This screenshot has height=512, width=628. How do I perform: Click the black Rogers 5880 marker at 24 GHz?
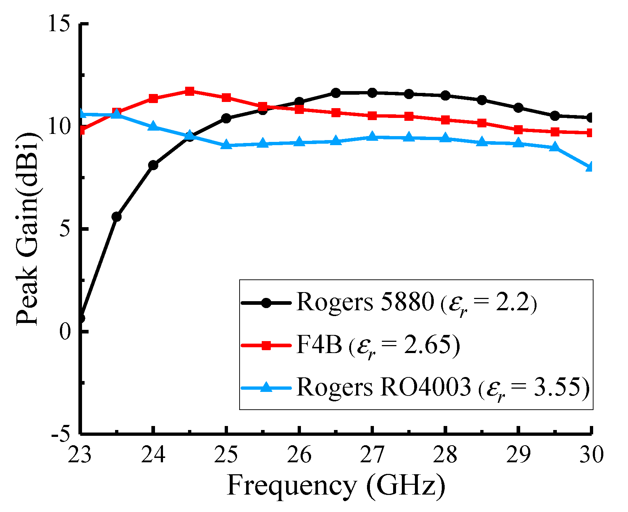153,165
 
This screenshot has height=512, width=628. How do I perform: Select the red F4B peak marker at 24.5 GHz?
189,91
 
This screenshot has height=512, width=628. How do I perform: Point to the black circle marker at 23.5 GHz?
117,217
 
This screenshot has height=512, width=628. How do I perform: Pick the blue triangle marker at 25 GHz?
226,145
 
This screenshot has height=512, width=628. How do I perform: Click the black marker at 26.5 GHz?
336,93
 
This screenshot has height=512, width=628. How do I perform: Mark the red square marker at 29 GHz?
518,130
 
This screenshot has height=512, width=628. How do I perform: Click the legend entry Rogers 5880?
365,302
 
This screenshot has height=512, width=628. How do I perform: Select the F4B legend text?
319,345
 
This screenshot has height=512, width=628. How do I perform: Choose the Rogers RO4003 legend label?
383,387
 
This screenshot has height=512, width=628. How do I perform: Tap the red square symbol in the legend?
266,345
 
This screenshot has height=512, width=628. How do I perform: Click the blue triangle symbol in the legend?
266,387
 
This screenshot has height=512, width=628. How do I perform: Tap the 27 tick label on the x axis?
372,455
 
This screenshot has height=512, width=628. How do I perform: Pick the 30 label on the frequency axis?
591,455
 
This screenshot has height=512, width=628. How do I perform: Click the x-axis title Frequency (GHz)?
336,486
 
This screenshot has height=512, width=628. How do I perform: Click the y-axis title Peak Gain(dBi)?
27,229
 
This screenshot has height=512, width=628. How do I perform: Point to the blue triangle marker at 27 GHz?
372,137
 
